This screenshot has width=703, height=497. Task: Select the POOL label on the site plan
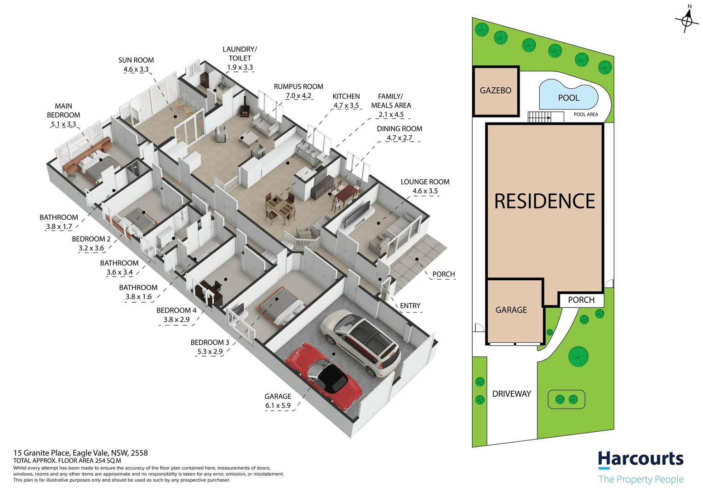[x=568, y=98]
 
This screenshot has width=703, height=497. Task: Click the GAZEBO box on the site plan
[x=496, y=91]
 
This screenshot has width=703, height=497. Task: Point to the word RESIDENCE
[x=544, y=201]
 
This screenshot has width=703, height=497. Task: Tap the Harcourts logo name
[x=640, y=459]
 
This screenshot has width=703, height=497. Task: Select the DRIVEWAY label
[x=511, y=394]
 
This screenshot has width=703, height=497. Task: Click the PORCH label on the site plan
[x=581, y=300]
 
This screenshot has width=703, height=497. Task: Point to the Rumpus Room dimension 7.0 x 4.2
[x=298, y=96]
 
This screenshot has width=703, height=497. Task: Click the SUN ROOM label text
[x=136, y=60]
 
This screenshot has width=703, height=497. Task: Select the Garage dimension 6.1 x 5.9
[x=278, y=405]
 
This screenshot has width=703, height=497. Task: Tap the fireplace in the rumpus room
[x=245, y=110]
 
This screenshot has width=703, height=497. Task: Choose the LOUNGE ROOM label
[x=425, y=182]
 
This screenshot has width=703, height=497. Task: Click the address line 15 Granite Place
[x=80, y=453]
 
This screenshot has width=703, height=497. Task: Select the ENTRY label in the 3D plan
[x=410, y=306]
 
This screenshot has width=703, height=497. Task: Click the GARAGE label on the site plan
[x=511, y=310]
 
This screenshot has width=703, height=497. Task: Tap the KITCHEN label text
[x=346, y=96]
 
